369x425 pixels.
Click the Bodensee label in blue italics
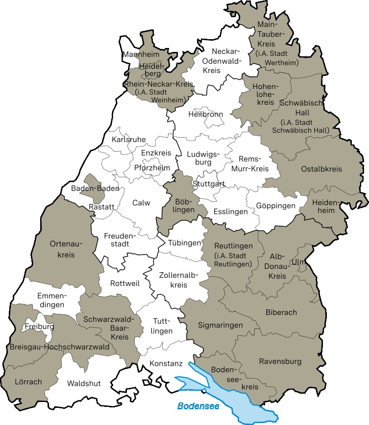[x=198, y=406]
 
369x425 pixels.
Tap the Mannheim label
[x=138, y=54]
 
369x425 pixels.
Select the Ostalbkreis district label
[x=321, y=169]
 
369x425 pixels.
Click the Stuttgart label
[x=209, y=184]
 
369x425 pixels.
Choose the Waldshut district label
[x=84, y=383]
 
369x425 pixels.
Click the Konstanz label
[x=166, y=364]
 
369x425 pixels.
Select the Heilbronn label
[x=205, y=114]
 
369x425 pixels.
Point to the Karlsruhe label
[x=129, y=140]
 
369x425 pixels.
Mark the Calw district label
[x=141, y=203]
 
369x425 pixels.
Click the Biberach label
[x=281, y=312]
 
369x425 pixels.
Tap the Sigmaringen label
[x=220, y=325]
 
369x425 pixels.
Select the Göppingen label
[x=275, y=206]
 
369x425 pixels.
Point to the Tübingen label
[x=184, y=243]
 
